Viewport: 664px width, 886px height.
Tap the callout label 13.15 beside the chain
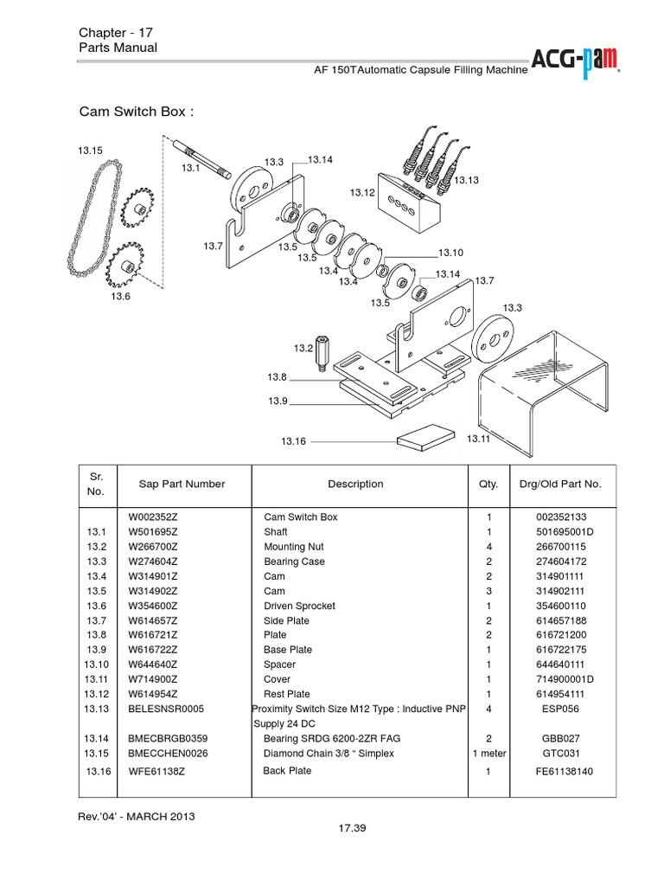(x=90, y=151)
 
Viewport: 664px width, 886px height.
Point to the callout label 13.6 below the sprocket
(x=119, y=297)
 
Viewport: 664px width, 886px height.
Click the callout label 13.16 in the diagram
(x=293, y=441)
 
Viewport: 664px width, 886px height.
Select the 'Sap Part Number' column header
(x=182, y=485)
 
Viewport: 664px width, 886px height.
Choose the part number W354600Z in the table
(x=153, y=606)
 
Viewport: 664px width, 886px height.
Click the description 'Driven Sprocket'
(x=299, y=606)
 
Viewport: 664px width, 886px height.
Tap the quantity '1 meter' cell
(x=488, y=754)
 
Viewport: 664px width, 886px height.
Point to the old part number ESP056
(x=560, y=709)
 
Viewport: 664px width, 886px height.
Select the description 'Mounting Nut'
(x=294, y=547)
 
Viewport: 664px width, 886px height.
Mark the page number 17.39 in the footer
(x=353, y=829)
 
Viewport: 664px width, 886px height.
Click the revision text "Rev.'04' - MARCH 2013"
(x=136, y=816)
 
